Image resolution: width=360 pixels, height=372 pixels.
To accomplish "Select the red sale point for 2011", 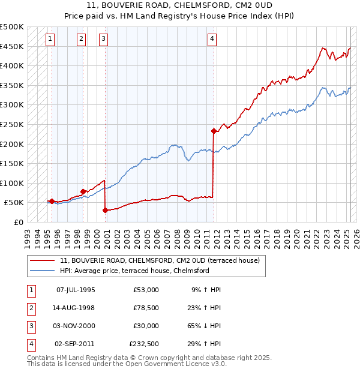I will [214, 130].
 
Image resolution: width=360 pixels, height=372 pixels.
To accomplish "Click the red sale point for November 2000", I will [105, 210].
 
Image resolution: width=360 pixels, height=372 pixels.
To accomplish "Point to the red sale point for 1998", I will [83, 191].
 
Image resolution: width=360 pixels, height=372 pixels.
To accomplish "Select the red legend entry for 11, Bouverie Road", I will [160, 260].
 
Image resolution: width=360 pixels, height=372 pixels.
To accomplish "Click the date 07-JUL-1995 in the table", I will [76, 290].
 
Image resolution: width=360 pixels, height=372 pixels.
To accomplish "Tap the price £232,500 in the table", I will [144, 344].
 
